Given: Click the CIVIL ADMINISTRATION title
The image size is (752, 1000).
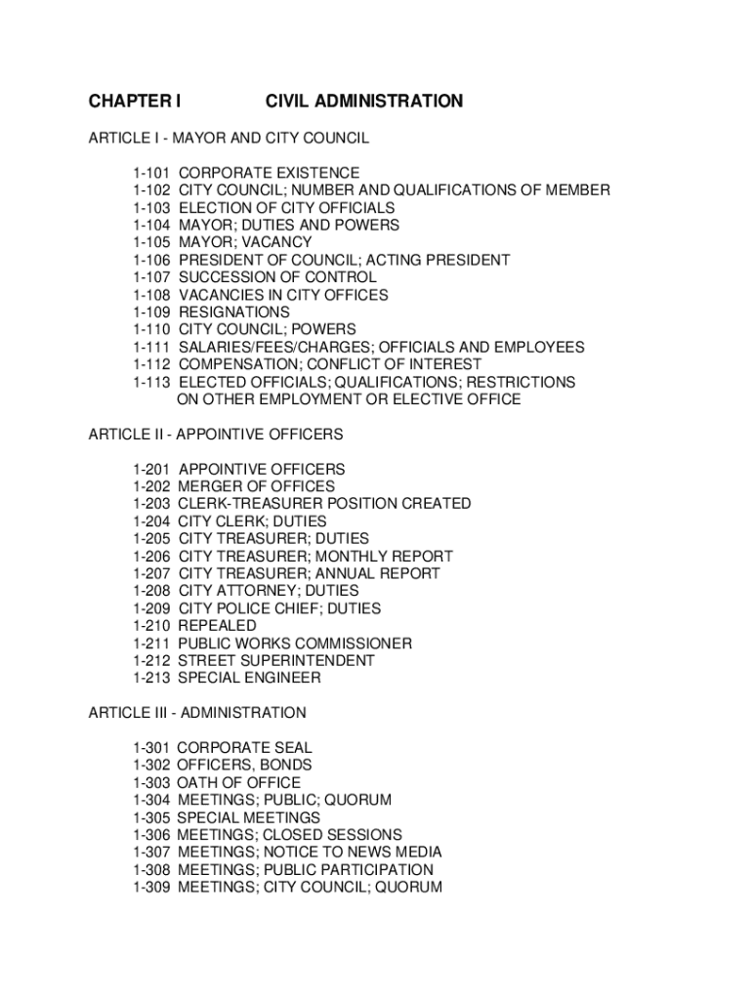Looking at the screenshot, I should tap(363, 102).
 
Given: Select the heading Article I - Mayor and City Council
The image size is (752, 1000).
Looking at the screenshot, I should tap(229, 138).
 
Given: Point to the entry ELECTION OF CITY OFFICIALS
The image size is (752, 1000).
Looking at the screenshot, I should tap(286, 208).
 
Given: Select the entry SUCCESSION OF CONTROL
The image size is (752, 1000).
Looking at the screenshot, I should tap(276, 277).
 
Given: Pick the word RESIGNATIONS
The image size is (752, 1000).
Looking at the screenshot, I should tap(233, 312).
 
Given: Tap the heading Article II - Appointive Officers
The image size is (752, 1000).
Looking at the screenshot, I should tap(216, 434).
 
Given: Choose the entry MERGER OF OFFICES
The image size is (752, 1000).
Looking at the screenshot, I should tap(256, 486).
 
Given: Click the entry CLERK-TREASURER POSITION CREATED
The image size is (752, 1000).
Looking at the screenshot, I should tap(324, 504).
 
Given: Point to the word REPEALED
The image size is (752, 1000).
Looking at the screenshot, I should tap(217, 625).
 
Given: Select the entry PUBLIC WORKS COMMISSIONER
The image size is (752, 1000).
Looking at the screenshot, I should tap(295, 644).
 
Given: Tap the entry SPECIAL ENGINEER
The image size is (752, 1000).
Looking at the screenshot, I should tap(249, 678).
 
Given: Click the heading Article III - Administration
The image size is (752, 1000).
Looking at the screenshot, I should tap(197, 713).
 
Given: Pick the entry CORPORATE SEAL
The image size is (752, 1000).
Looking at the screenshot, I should tap(244, 748).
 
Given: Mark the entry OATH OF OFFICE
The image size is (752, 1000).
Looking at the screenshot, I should tap(238, 783).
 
